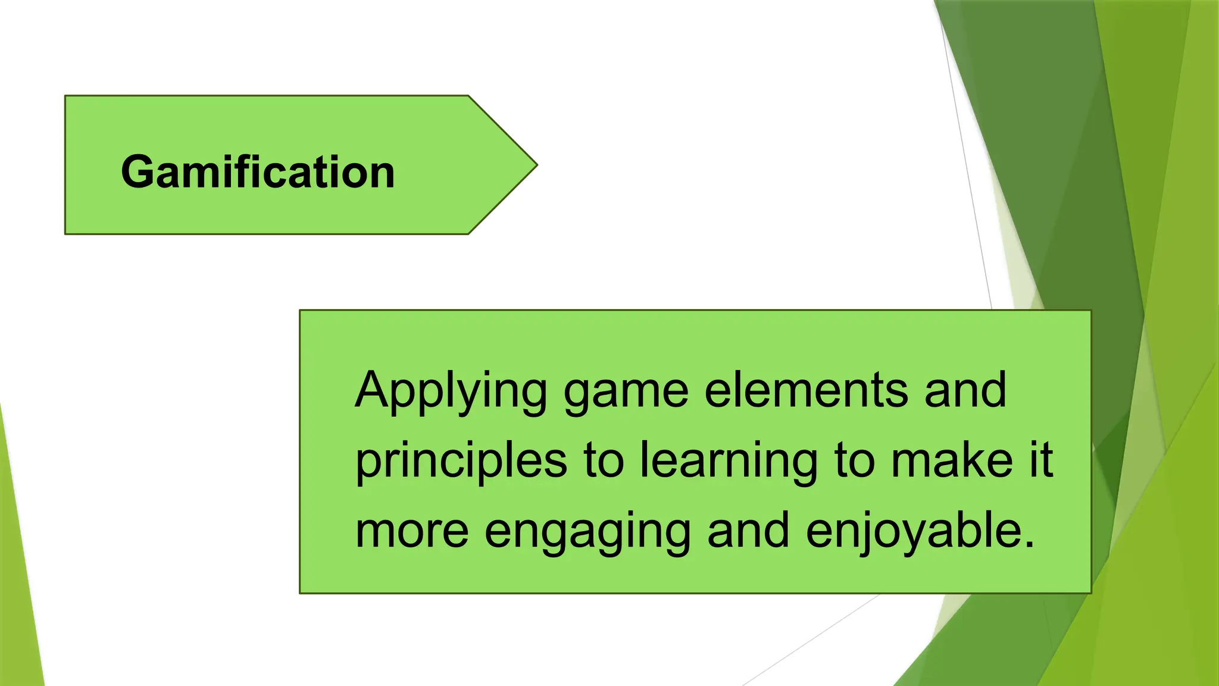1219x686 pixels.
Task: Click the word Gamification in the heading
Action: tap(258, 172)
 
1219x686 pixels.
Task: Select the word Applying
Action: tap(451, 391)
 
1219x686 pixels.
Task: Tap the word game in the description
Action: tap(626, 391)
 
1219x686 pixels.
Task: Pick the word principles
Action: tap(461, 462)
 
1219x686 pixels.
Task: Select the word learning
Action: tap(729, 462)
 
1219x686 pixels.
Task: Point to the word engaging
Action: tap(587, 532)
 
